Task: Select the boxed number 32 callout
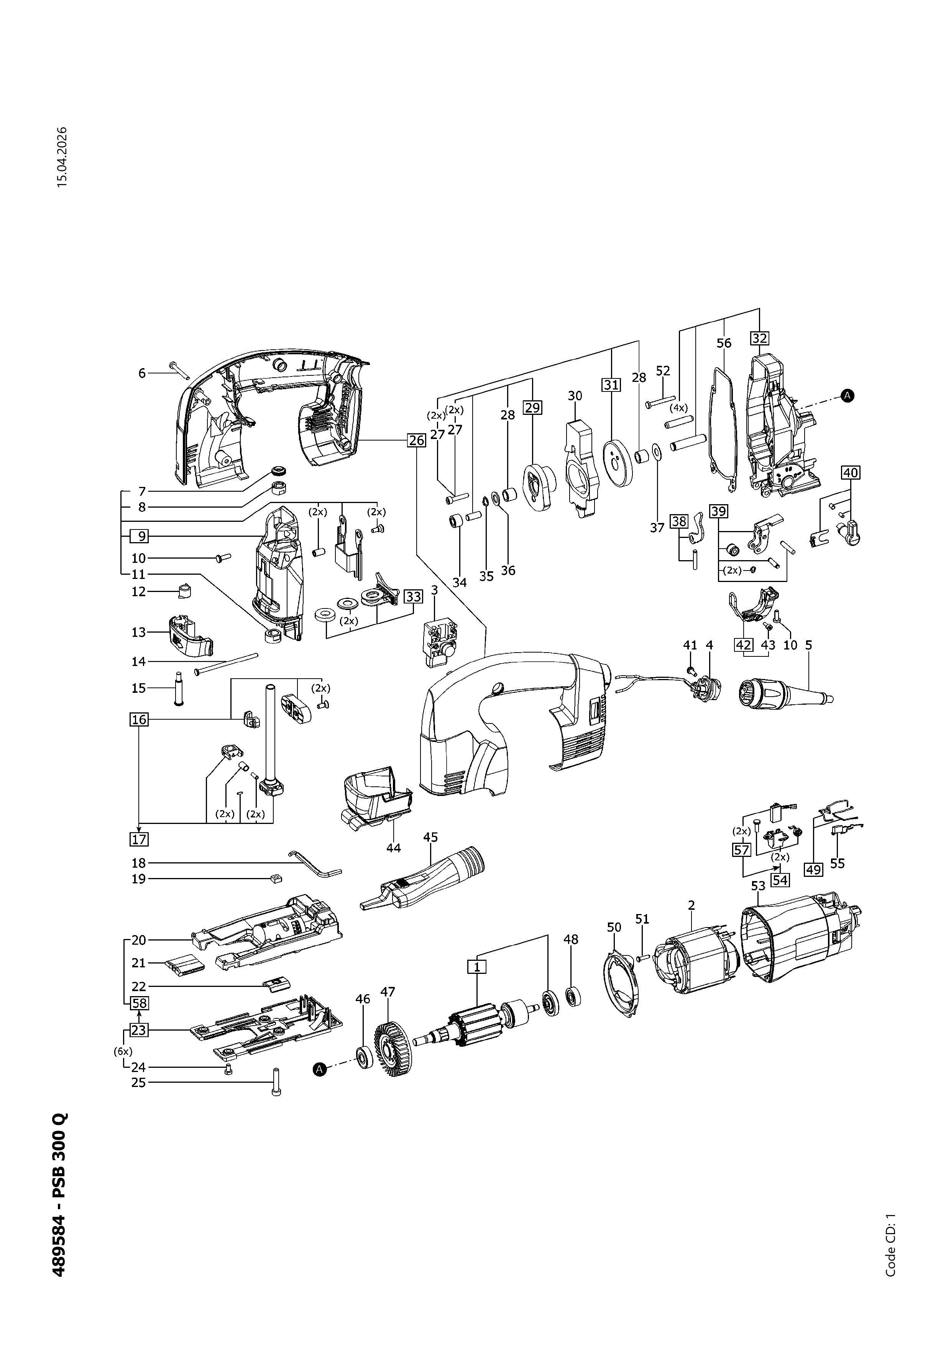point(759,338)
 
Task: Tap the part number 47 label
point(388,992)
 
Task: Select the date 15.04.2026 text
point(62,157)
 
